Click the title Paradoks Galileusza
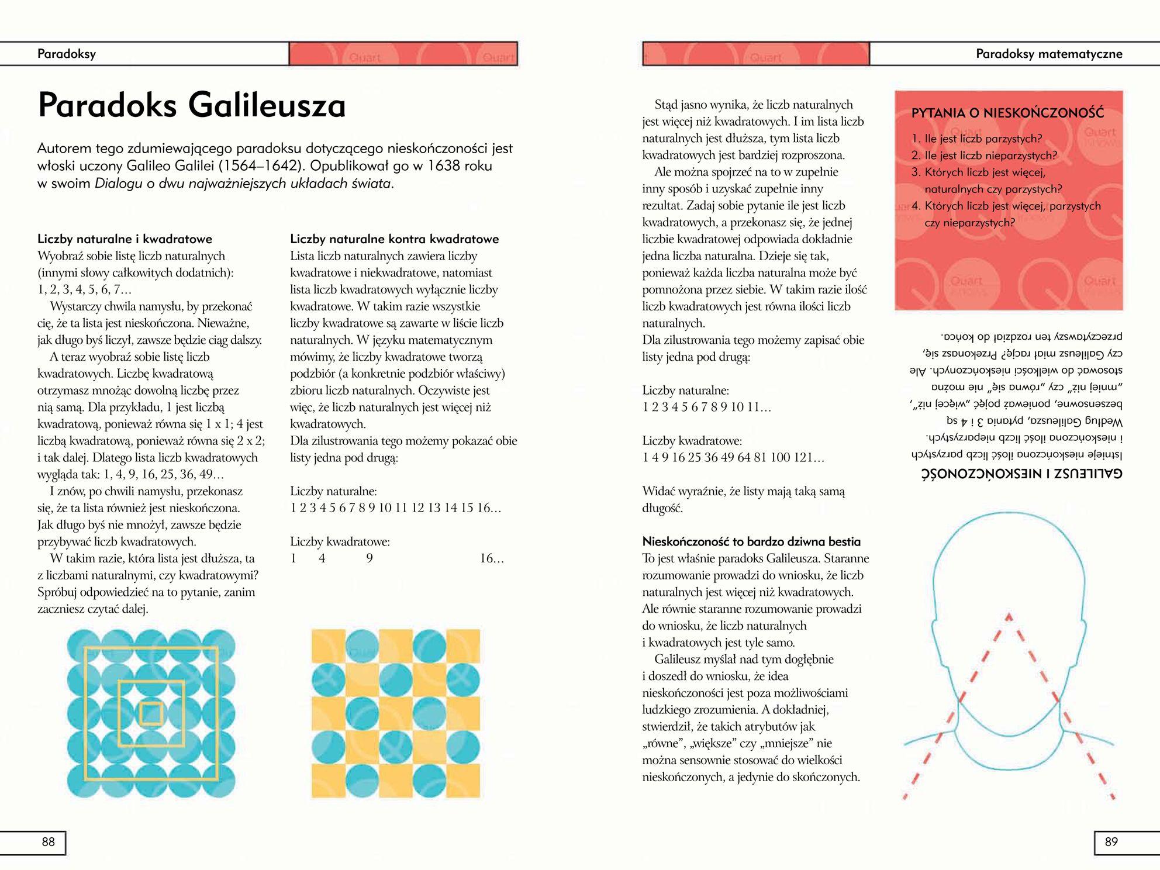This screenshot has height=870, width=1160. [x=192, y=106]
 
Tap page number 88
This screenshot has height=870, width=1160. [x=48, y=842]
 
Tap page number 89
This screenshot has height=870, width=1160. [x=1111, y=842]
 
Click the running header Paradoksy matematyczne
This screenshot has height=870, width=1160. [x=1049, y=54]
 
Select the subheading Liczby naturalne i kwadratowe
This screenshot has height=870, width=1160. [x=125, y=239]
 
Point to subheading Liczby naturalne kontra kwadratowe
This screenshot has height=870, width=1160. [x=394, y=239]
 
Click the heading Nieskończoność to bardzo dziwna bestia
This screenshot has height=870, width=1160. [x=751, y=541]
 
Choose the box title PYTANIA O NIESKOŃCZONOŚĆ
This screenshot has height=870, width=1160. [x=1007, y=113]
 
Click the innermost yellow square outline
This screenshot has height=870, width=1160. [x=151, y=714]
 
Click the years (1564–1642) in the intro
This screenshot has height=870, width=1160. [x=255, y=165]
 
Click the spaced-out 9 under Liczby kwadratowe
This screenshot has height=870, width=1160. [x=370, y=558]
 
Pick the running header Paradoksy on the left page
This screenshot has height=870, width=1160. [x=67, y=54]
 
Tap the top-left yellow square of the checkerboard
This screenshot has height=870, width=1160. [x=328, y=646]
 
